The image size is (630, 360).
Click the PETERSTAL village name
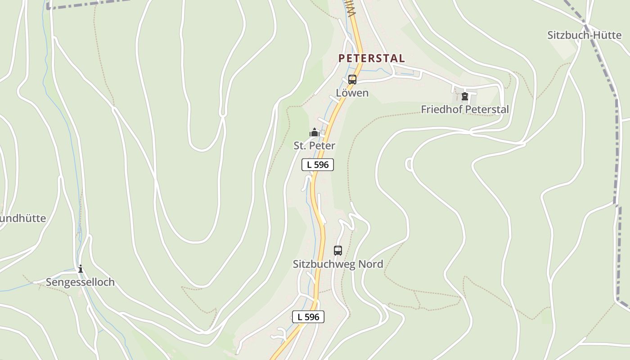pyautogui.click(x=371, y=58)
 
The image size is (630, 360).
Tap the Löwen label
pyautogui.click(x=352, y=93)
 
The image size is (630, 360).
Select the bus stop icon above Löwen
pyautogui.click(x=352, y=80)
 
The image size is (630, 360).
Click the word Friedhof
pyautogui.click(x=441, y=109)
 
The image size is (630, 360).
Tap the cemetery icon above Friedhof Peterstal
pyautogui.click(x=465, y=96)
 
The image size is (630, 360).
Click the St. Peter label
pyautogui.click(x=314, y=146)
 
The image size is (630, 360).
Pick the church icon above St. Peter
pyautogui.click(x=314, y=133)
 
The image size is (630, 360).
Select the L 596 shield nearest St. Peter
pyautogui.click(x=318, y=165)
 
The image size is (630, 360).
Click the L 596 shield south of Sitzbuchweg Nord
pyautogui.click(x=308, y=317)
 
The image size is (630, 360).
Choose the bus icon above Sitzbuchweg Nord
pyautogui.click(x=338, y=251)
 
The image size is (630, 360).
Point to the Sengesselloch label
pyautogui.click(x=80, y=282)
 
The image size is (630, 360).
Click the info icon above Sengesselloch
pyautogui.click(x=81, y=269)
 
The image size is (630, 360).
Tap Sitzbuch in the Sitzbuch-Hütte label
pyautogui.click(x=565, y=35)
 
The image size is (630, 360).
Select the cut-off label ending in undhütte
pyautogui.click(x=22, y=218)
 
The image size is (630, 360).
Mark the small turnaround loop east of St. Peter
pyautogui.click(x=409, y=164)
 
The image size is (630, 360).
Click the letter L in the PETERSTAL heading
pyautogui.click(x=400, y=58)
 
